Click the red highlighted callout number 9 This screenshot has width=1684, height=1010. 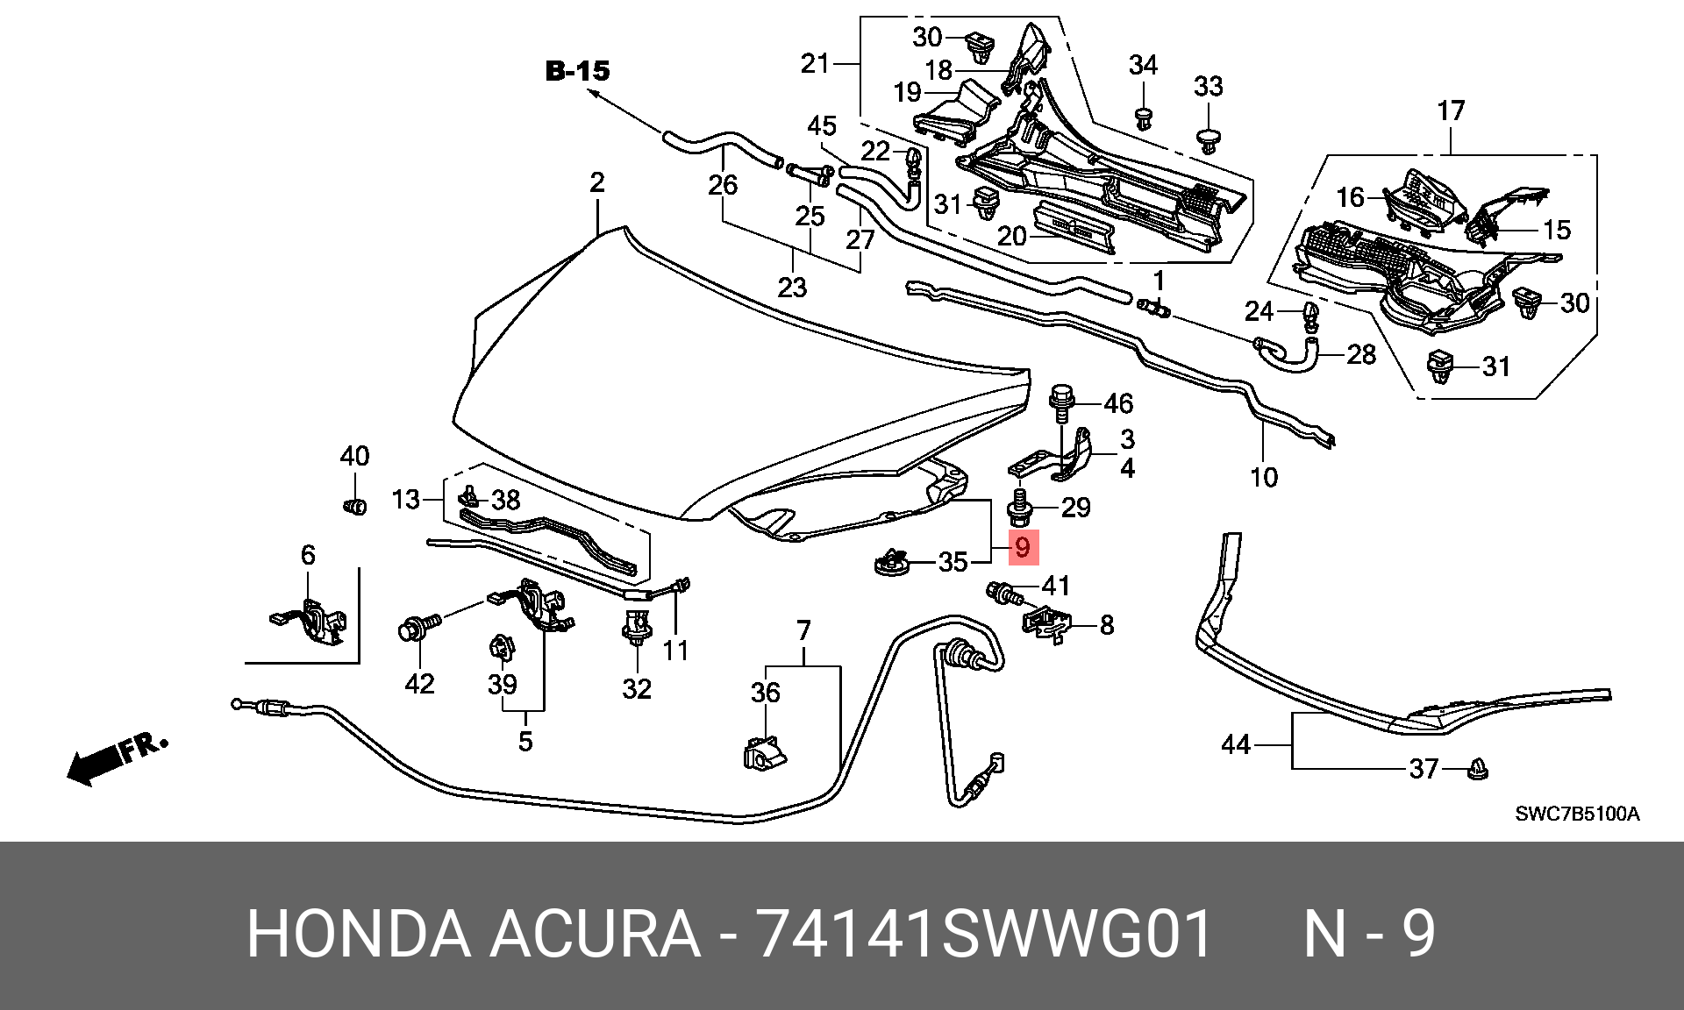1023,548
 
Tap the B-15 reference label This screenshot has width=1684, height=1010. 577,71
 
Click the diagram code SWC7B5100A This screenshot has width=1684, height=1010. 1577,814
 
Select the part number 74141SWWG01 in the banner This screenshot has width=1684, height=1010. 985,933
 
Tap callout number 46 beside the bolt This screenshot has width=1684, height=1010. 1118,403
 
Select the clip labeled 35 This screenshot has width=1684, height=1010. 892,562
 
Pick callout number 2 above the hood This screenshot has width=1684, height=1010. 597,182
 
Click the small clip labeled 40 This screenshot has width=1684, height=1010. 354,506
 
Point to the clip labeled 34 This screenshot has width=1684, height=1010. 1143,118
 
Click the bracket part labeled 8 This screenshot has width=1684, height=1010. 1047,623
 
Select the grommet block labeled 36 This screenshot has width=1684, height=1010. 765,754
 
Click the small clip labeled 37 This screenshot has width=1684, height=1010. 1478,769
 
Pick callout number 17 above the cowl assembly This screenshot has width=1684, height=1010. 1451,110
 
